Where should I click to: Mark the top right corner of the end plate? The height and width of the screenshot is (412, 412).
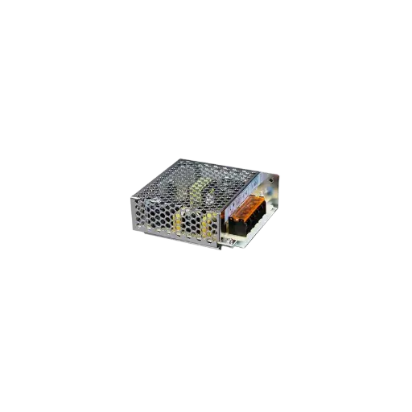[282, 171]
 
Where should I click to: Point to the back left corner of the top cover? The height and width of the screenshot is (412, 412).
[176, 159]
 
